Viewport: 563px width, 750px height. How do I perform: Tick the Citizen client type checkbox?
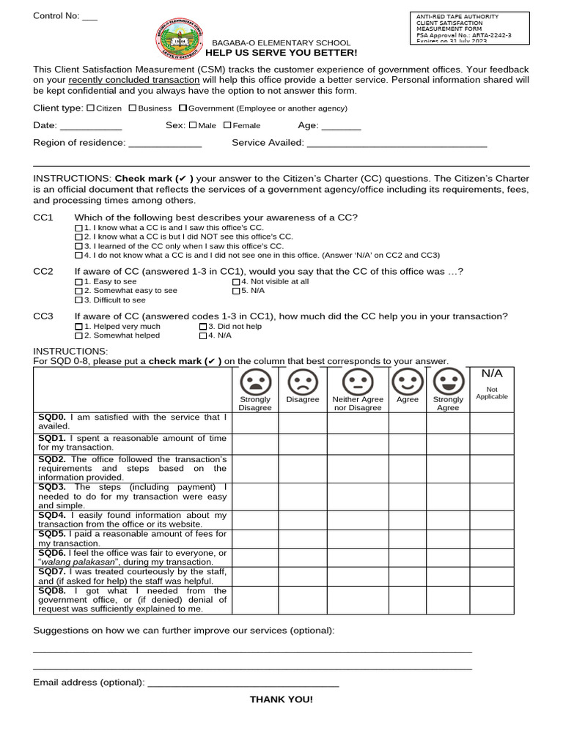(x=90, y=108)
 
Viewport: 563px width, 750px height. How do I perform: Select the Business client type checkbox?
(x=133, y=108)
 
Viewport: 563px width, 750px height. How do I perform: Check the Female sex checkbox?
(x=227, y=125)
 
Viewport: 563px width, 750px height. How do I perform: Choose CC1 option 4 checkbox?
(x=79, y=256)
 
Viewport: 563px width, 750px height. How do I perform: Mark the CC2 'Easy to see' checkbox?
(x=79, y=281)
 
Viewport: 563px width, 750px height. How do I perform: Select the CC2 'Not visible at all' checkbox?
(x=236, y=281)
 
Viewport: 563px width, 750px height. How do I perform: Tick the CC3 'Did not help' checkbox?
(x=203, y=326)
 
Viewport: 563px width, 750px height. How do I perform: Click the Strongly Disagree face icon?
(x=255, y=382)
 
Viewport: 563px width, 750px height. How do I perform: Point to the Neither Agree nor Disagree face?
(x=358, y=382)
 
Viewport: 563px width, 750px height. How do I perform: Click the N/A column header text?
(x=491, y=374)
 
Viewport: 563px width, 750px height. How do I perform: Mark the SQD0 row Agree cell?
(x=407, y=422)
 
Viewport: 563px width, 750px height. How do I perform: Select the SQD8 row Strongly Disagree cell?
(x=255, y=600)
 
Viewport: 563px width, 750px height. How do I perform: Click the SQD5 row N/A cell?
(x=491, y=539)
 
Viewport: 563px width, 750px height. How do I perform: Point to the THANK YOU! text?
(x=281, y=699)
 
